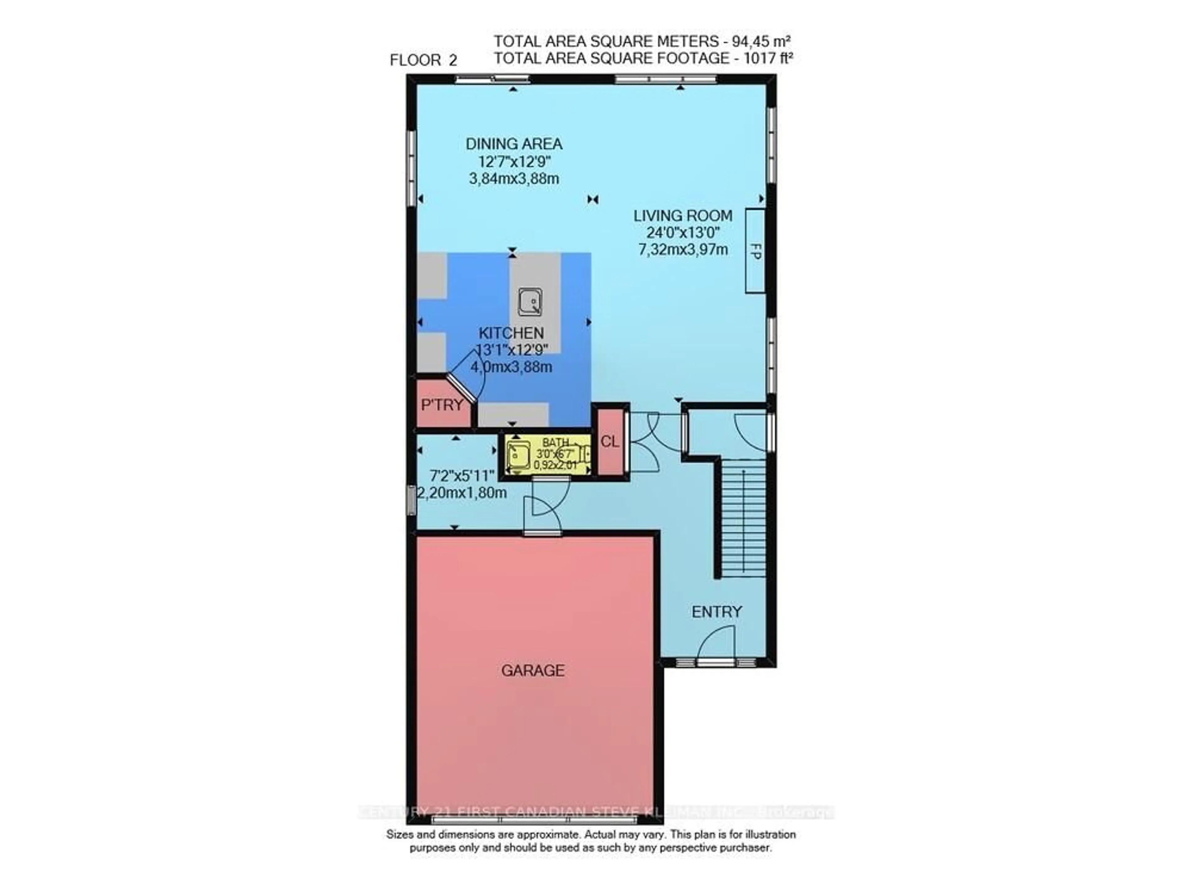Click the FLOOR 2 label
click(423, 60)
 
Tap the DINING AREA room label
click(514, 144)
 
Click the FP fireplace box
click(755, 251)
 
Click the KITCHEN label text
click(511, 333)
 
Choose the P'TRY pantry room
click(442, 405)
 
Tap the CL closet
click(610, 442)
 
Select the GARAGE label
click(533, 670)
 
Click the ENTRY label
click(716, 612)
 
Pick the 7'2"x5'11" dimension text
click(462, 475)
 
